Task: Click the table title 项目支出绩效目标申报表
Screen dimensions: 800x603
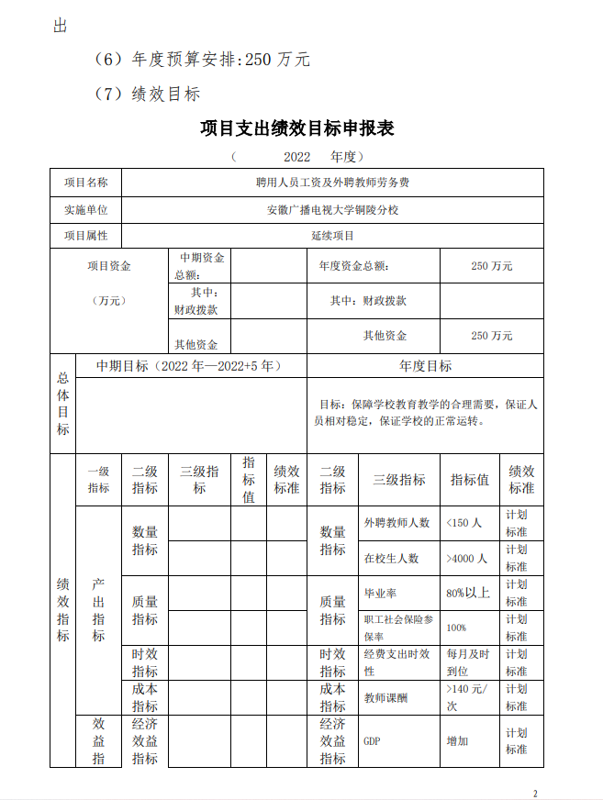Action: click(297, 128)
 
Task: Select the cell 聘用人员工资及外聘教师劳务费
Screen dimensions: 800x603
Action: click(332, 183)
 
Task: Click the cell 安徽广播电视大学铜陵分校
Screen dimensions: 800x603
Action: click(332, 209)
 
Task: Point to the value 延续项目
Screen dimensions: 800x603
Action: click(332, 235)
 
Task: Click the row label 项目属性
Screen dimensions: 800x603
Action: click(85, 235)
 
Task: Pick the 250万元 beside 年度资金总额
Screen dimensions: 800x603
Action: click(491, 266)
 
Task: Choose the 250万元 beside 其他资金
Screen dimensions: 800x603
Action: click(491, 336)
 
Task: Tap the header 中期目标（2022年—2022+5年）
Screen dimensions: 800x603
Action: click(190, 366)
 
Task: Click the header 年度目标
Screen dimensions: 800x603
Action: click(425, 366)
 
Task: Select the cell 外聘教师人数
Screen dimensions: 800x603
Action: click(396, 523)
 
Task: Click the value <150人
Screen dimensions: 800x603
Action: click(463, 523)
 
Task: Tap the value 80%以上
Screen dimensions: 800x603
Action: click(468, 593)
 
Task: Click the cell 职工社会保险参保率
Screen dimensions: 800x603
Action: click(398, 628)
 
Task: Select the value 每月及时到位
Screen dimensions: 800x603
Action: click(469, 662)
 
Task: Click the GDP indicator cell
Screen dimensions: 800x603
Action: click(372, 740)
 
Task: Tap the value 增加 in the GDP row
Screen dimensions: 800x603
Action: click(457, 740)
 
